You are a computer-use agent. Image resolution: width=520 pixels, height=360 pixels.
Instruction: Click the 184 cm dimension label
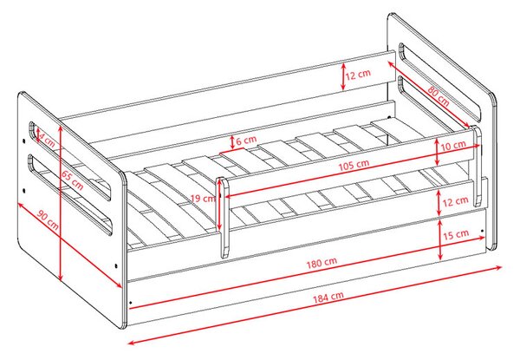click(x=328, y=297)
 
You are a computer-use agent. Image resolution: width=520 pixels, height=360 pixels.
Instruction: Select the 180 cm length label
click(x=322, y=263)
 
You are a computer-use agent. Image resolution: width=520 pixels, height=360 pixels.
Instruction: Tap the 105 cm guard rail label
click(x=354, y=165)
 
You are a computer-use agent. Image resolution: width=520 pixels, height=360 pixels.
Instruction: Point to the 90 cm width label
click(x=48, y=220)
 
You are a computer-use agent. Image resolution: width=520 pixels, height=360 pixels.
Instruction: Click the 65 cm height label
click(x=72, y=180)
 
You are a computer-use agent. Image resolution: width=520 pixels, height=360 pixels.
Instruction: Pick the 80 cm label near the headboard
click(x=438, y=96)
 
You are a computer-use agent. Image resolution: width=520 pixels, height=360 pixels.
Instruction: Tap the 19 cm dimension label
click(x=203, y=199)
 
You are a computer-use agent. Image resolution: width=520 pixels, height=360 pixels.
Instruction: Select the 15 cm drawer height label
click(x=456, y=234)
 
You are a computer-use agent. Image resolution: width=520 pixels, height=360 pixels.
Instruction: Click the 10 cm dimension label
click(x=453, y=146)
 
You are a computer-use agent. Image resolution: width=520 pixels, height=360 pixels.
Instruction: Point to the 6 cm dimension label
click(x=246, y=141)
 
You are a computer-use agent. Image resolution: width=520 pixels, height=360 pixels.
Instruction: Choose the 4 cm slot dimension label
click(x=47, y=140)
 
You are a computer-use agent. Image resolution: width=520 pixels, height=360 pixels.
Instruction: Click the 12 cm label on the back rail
click(x=358, y=75)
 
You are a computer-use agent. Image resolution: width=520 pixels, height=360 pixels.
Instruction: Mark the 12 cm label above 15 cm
click(x=455, y=201)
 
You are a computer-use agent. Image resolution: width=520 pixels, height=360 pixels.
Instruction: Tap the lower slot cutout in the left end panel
click(x=69, y=194)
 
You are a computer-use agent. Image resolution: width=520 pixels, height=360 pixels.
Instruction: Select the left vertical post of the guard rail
click(x=223, y=218)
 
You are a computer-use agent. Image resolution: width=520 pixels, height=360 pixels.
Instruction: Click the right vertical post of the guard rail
click(x=478, y=166)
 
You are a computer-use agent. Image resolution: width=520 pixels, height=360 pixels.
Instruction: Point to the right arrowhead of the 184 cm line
click(x=498, y=267)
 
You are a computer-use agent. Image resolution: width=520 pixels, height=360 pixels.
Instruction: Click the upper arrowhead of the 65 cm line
click(x=60, y=128)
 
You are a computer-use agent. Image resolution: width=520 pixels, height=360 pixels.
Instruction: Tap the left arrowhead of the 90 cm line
click(x=20, y=206)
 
